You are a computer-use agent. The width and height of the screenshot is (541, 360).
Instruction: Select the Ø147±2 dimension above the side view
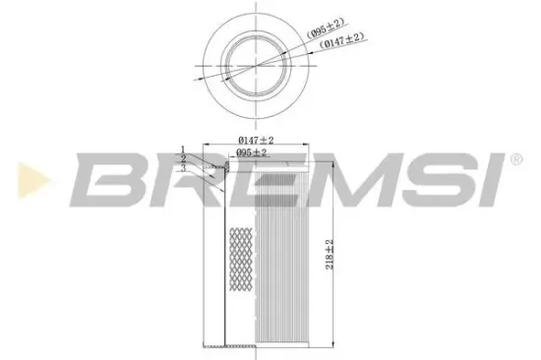[257, 141]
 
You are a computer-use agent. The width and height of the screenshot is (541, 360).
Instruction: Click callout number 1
[183, 150]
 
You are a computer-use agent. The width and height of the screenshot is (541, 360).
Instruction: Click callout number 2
[183, 157]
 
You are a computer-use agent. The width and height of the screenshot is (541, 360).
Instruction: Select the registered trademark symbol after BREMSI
[516, 159]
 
